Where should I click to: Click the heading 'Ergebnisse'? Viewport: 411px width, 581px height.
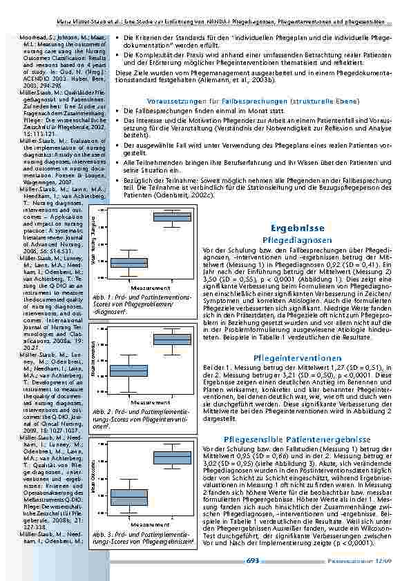click(x=292, y=227)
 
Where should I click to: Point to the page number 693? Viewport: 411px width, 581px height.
click(x=253, y=561)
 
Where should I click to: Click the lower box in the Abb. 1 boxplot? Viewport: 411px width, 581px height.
click(x=129, y=262)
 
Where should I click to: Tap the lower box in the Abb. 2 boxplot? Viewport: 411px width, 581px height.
click(x=129, y=371)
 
